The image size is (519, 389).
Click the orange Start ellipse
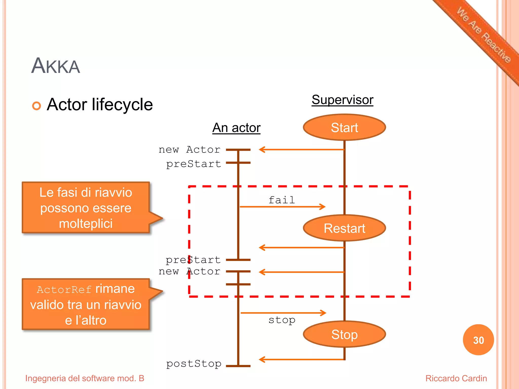[344, 127]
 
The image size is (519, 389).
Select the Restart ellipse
[344, 228]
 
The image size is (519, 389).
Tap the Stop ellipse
[344, 334]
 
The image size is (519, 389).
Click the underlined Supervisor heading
[342, 100]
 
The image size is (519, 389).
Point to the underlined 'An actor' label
[236, 127]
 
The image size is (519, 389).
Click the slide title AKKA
[55, 66]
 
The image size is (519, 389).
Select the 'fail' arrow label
[282, 200]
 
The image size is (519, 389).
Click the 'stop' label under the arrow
[282, 320]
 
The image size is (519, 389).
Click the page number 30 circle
[478, 340]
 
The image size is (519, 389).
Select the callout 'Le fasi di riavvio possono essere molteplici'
[86, 208]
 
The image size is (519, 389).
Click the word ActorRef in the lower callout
[64, 289]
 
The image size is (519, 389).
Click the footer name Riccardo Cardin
[456, 378]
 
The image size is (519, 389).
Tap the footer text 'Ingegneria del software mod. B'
[85, 378]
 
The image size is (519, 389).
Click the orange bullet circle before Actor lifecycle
[36, 106]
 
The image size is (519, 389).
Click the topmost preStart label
[194, 164]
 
